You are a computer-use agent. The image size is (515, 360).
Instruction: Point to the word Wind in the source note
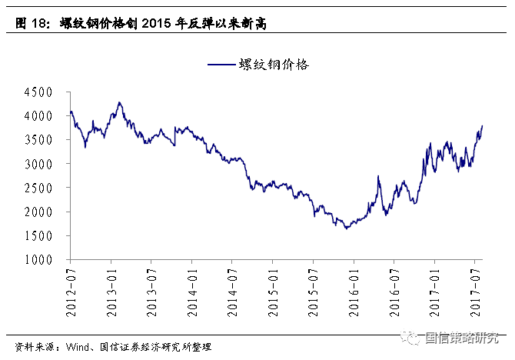pos(80,348)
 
